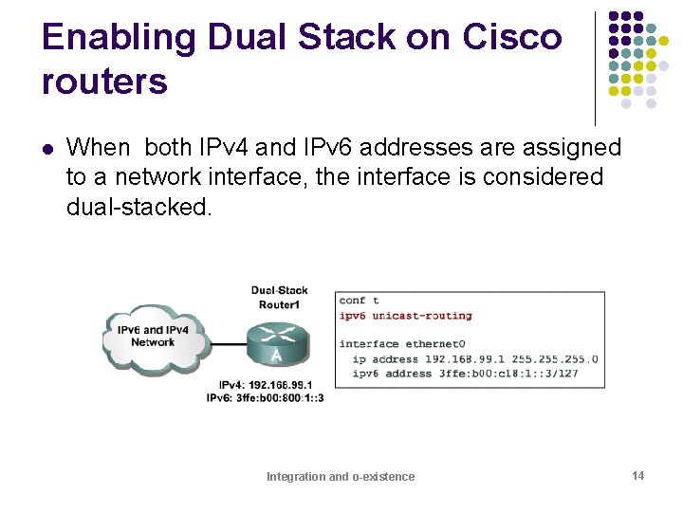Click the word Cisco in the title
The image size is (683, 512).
pos(512,37)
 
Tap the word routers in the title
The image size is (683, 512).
pos(104,82)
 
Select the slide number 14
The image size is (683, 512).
pos(638,475)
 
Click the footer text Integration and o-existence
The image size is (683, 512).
pos(341,476)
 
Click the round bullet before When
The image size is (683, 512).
pos(47,148)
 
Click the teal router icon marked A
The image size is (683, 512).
pos(275,343)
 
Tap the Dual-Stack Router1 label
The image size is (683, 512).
pos(279,297)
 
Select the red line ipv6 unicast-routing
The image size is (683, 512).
pos(405,316)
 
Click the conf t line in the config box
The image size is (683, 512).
pos(360,301)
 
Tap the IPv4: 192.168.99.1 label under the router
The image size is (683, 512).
pos(266,385)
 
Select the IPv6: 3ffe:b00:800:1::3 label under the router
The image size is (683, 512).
pos(266,397)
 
